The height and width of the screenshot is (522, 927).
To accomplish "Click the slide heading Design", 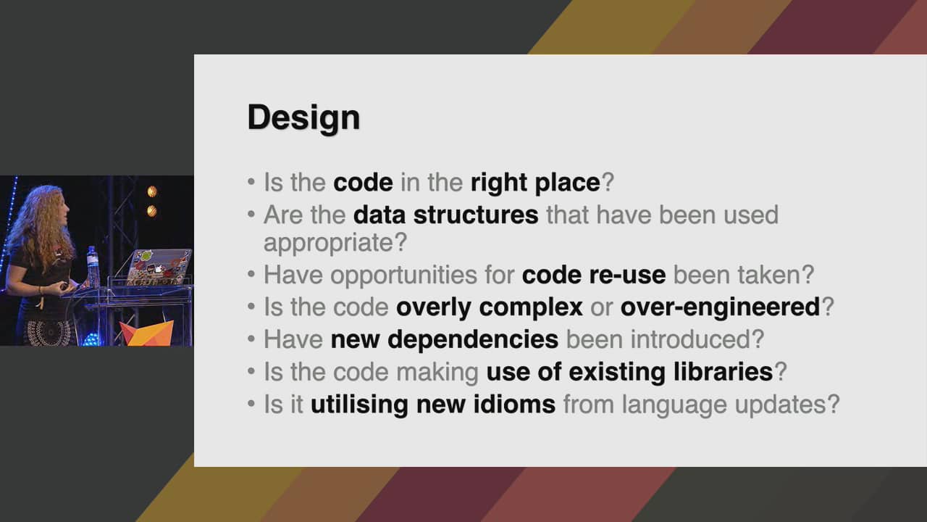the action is tap(303, 118).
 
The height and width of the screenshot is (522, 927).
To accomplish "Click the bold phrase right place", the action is tap(535, 183).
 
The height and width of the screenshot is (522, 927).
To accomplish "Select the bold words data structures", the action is tap(445, 215).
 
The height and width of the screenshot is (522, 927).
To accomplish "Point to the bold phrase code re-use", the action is tap(594, 275).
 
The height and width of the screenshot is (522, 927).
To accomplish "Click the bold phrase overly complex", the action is tap(489, 307).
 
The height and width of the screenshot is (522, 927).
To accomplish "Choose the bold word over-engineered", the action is tap(720, 307).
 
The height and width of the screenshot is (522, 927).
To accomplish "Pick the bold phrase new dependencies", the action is tap(445, 339).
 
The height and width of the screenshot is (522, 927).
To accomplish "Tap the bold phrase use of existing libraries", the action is tap(629, 372).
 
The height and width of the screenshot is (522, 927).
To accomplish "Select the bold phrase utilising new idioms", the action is tap(433, 405).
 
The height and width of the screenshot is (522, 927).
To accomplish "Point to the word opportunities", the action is tap(403, 275).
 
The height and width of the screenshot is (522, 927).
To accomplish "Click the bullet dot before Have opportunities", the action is tap(251, 274).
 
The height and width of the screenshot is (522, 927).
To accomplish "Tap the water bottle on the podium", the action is tap(92, 266).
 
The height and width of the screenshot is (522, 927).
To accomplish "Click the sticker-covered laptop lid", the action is tap(159, 268).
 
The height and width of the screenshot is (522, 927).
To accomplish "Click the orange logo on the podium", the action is tap(147, 333).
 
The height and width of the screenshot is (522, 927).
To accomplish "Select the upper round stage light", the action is tap(152, 191).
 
